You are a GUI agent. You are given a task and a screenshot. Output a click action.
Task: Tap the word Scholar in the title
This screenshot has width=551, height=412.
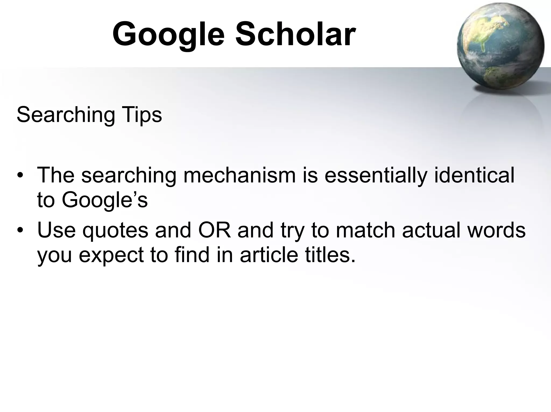coord(295,35)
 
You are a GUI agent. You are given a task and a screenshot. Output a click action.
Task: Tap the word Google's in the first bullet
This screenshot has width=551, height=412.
coord(105,200)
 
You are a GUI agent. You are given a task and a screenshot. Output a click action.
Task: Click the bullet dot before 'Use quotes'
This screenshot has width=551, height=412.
coord(20,231)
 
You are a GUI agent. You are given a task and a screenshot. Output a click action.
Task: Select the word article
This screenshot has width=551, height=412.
coord(269,255)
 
